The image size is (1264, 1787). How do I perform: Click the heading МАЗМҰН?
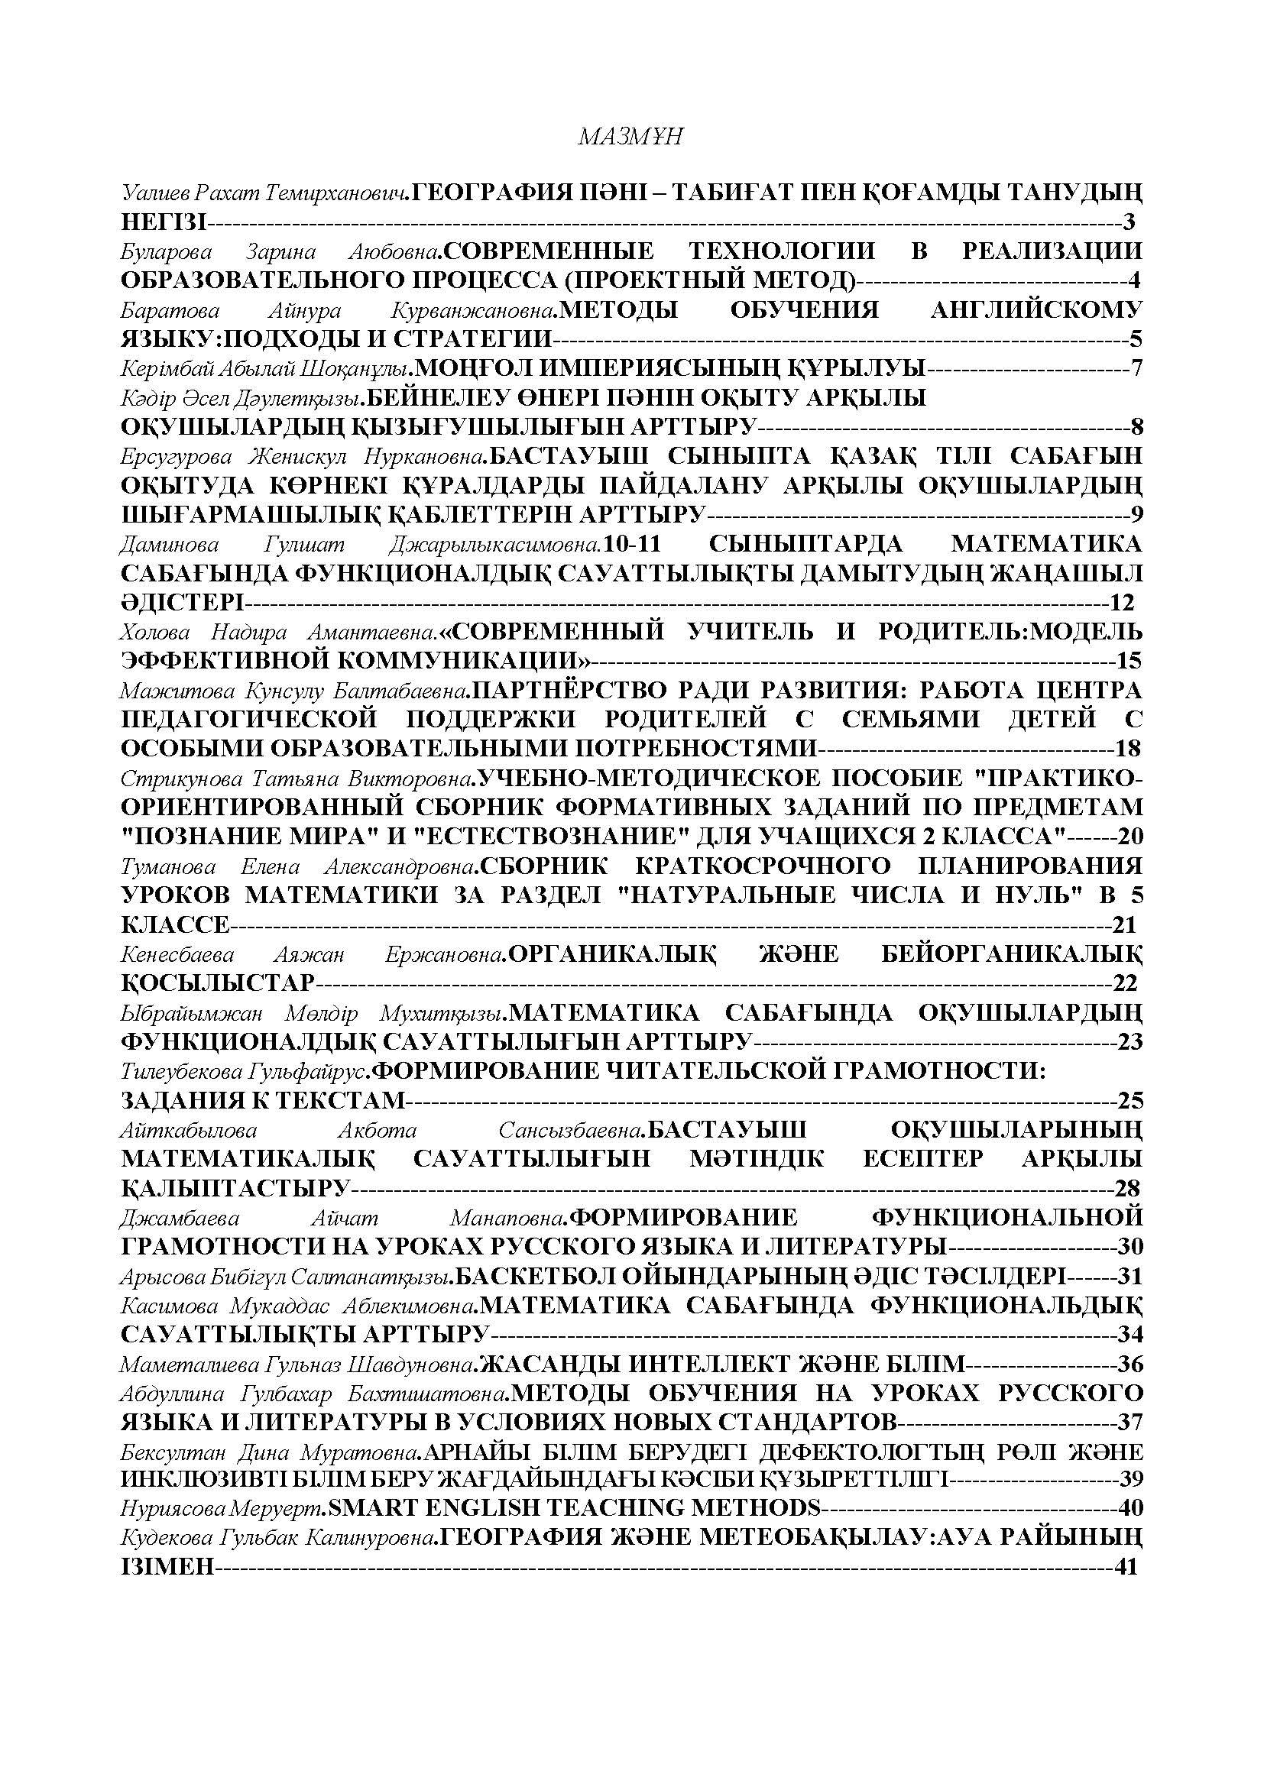pos(630,137)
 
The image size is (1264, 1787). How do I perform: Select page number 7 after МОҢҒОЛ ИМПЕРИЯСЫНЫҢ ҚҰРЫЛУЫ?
pos(1136,367)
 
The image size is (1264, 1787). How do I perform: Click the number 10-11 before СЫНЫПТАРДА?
pos(632,543)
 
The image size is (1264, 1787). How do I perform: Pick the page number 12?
pos(1123,602)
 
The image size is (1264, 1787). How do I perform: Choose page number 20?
pos(1130,837)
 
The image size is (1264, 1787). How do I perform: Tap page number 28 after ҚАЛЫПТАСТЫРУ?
pos(1128,1188)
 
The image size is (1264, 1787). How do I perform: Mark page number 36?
pos(1130,1364)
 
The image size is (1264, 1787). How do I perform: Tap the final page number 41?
pos(1126,1567)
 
